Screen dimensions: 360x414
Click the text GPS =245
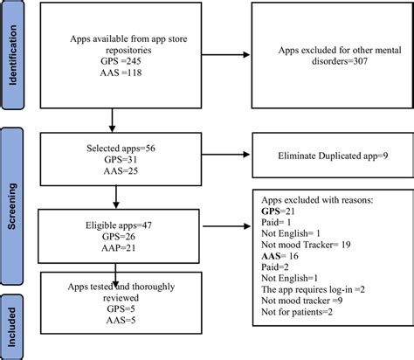point(94,64)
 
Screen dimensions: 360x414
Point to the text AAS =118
point(93,77)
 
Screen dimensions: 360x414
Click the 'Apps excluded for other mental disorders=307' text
point(328,57)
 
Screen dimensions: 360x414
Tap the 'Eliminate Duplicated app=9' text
point(329,157)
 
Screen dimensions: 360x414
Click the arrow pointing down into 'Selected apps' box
point(112,120)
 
